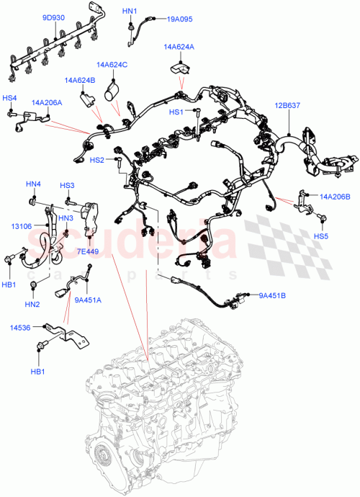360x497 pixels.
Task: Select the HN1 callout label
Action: (x=129, y=12)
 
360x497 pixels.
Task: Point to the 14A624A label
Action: (x=179, y=48)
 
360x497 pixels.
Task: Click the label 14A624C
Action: (x=113, y=65)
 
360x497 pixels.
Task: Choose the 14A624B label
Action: (x=80, y=80)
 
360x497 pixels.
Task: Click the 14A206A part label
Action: (x=46, y=103)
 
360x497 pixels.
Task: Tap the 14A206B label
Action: (x=334, y=196)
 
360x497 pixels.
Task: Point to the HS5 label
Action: (x=321, y=236)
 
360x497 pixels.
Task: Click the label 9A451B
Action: (x=272, y=295)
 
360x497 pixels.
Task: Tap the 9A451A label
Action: (x=87, y=300)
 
